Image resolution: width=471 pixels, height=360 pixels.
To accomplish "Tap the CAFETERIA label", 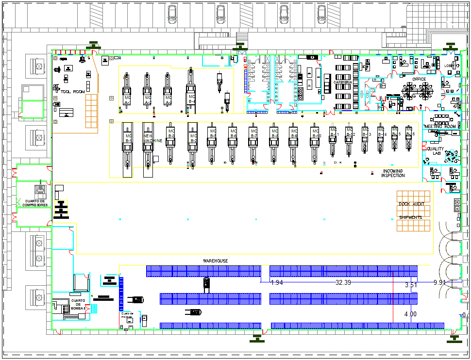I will pyautogui.click(x=343, y=82).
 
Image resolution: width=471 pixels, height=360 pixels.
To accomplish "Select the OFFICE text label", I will pyautogui.click(x=419, y=79).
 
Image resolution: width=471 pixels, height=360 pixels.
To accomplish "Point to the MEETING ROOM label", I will pyautogui.click(x=440, y=127).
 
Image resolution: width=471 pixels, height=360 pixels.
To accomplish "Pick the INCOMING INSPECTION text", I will pyautogui.click(x=393, y=173).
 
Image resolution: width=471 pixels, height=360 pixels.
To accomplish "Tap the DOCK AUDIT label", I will pyautogui.click(x=411, y=204).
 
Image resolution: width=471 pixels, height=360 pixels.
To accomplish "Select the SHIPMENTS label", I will pyautogui.click(x=410, y=217).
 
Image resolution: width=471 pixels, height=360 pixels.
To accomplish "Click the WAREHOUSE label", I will pyautogui.click(x=215, y=261).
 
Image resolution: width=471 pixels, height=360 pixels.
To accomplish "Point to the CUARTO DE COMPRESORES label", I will pyautogui.click(x=34, y=203).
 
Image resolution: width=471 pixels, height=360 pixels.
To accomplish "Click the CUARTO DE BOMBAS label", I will pyautogui.click(x=78, y=304).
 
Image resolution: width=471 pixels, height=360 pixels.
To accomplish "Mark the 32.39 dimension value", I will pyautogui.click(x=343, y=282).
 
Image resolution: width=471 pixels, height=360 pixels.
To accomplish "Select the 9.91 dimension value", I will pyautogui.click(x=439, y=282).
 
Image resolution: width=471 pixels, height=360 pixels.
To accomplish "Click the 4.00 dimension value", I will pyautogui.click(x=410, y=314).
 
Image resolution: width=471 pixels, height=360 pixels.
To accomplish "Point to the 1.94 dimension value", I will pyautogui.click(x=277, y=282).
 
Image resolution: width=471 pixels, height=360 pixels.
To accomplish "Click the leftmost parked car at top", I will pyautogui.click(x=171, y=13).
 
